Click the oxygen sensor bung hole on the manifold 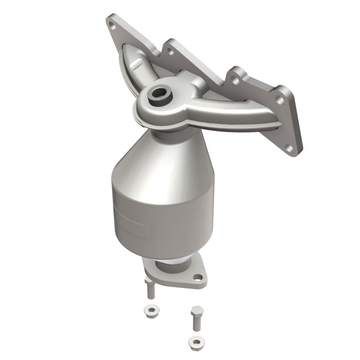[x=159, y=94]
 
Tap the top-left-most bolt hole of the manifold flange [x=112, y=26]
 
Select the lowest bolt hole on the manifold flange [x=289, y=147]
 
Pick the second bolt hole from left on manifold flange [x=171, y=52]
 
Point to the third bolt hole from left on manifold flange [x=234, y=81]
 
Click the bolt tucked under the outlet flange [x=150, y=288]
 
